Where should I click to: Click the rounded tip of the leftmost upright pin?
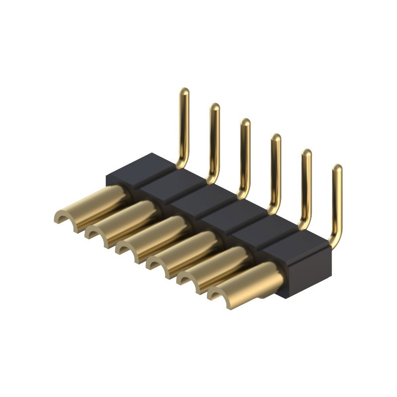point(184,92)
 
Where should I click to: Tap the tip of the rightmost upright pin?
point(337,169)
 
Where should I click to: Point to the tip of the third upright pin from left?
point(246,123)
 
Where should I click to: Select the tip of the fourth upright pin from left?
point(276,138)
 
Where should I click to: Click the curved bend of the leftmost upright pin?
point(182,162)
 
